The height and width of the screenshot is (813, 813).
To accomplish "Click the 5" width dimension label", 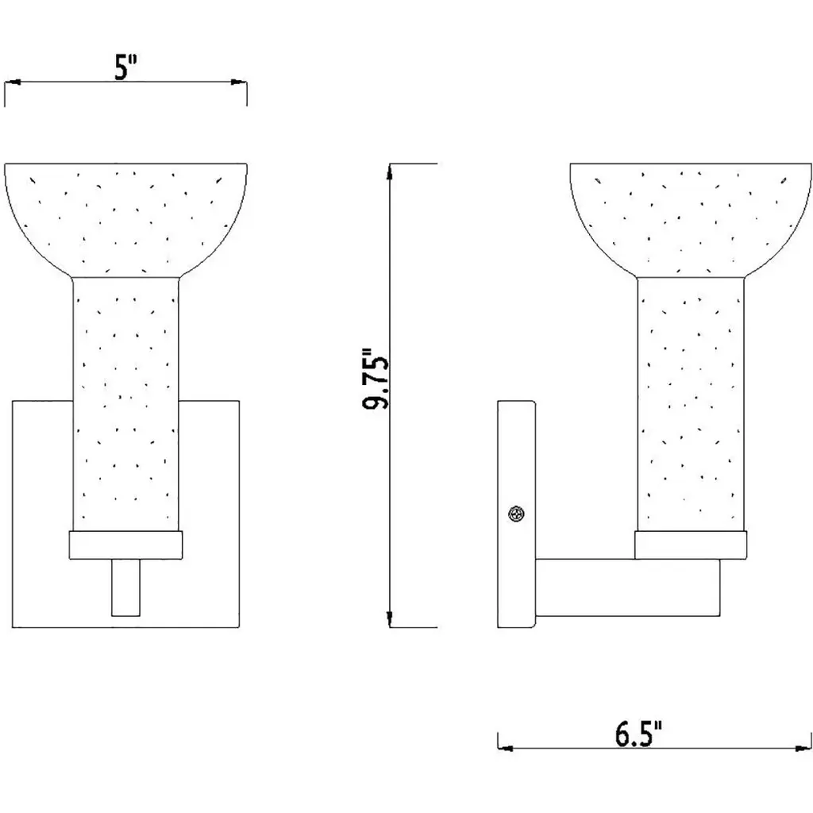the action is click(125, 67).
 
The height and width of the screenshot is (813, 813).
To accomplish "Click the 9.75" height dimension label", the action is click(375, 379).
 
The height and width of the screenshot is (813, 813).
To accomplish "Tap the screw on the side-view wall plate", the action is click(516, 514).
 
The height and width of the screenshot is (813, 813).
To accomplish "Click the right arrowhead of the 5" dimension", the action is click(239, 82).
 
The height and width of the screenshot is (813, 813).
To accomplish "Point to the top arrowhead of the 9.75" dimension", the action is click(390, 171).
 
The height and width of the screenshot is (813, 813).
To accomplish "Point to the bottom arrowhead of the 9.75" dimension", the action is click(390, 619).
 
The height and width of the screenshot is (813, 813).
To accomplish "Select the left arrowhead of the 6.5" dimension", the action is click(506, 748).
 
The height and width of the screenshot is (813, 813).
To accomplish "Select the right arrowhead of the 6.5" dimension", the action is click(803, 748).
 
